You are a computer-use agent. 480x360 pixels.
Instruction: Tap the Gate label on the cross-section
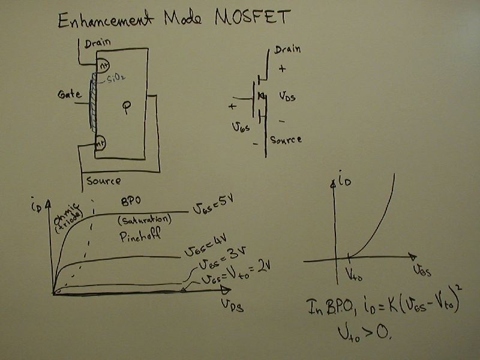click(x=70, y=95)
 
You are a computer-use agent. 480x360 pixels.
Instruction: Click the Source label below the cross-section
click(x=103, y=180)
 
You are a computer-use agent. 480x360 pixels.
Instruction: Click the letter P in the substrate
click(x=126, y=109)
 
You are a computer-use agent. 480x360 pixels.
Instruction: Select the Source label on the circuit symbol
click(x=286, y=140)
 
